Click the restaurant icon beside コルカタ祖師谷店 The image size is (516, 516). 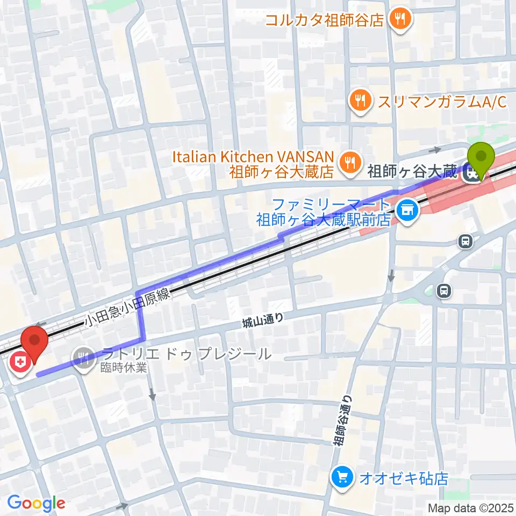(400, 20)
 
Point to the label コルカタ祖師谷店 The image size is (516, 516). (325, 20)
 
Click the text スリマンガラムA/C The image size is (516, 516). (442, 102)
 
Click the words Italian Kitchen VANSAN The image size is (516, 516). (253, 157)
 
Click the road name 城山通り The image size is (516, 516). (262, 321)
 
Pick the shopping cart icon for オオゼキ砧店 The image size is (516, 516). (342, 476)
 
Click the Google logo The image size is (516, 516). (36, 503)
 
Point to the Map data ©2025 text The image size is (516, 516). (470, 507)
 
